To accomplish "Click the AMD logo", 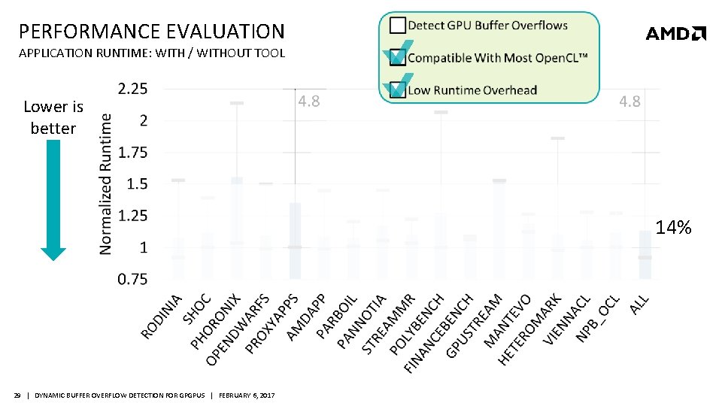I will tap(675, 33).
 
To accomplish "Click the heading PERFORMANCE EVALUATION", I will tap(152, 32).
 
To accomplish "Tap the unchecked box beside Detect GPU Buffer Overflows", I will tap(397, 25).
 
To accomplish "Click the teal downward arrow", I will tap(53, 200).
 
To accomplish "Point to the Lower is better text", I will tap(53, 117).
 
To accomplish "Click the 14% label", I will tap(672, 228).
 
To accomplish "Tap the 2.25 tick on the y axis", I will tap(133, 89).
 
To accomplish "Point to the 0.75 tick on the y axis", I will tap(133, 280).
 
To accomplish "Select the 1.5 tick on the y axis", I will tap(138, 184).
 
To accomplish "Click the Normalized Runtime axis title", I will tap(107, 183).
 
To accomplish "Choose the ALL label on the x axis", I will tap(639, 304).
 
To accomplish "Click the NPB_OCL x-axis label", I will tap(598, 318).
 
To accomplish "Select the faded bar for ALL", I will tap(645, 254).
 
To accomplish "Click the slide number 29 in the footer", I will tap(17, 395).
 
